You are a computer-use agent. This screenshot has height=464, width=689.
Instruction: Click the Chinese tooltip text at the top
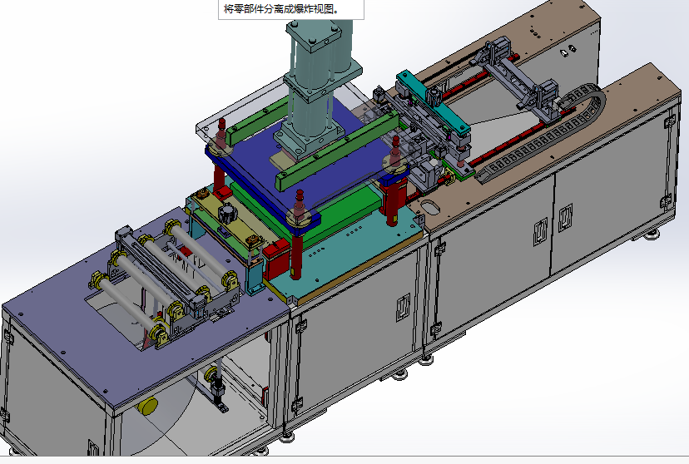point(282,9)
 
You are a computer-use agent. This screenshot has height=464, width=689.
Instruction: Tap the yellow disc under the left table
point(148,406)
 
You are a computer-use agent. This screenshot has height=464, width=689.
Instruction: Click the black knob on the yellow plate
point(226,214)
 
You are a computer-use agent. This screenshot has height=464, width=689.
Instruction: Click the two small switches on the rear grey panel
point(568,52)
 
